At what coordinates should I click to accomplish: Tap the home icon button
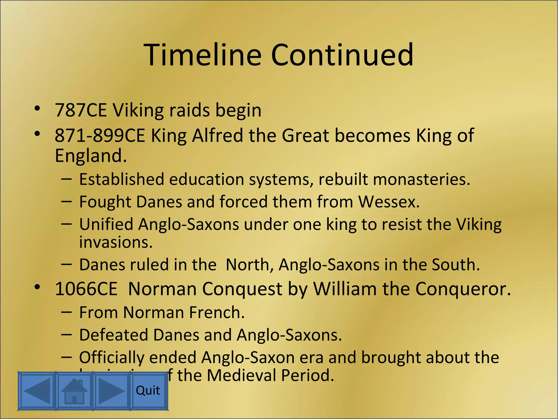coord(74,391)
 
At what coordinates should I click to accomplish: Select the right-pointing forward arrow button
coord(111,391)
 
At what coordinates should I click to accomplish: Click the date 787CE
coord(81,110)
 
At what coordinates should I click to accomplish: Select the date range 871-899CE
coord(100,135)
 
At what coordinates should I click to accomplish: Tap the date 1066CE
coord(86,289)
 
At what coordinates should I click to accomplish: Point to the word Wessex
coord(389,202)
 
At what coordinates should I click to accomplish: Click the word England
coord(91,155)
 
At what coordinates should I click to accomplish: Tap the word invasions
coord(116,242)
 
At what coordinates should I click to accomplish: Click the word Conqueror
coord(463,289)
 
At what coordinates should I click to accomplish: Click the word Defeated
coord(114,335)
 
